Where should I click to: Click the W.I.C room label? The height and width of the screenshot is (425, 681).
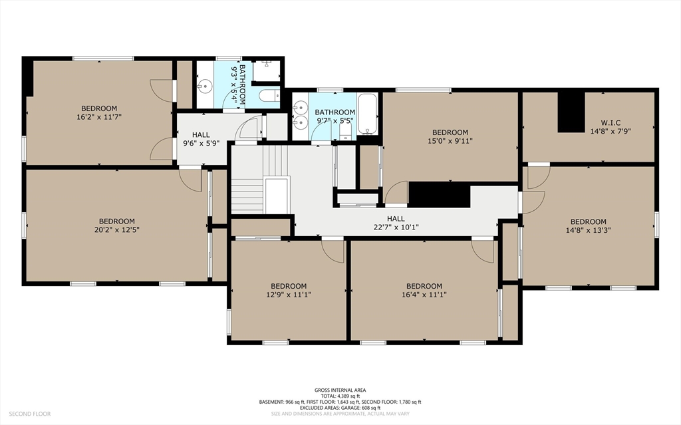click(x=611, y=122)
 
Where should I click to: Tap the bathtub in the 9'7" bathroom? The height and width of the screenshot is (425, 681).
click(x=367, y=114)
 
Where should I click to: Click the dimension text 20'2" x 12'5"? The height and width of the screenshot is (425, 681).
click(x=116, y=230)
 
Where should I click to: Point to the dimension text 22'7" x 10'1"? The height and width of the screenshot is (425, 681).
click(x=396, y=227)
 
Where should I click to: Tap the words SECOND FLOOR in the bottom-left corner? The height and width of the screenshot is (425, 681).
click(x=29, y=414)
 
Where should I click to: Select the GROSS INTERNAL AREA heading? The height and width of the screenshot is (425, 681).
click(x=340, y=390)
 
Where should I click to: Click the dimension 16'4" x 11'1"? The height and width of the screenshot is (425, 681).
click(x=424, y=295)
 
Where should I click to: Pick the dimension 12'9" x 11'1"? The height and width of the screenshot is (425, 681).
click(x=289, y=295)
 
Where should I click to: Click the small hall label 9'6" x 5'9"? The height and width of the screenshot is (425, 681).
click(x=201, y=143)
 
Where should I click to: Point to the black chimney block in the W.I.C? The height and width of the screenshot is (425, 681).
click(x=571, y=112)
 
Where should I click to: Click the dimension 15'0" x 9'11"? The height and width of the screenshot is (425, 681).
click(x=450, y=141)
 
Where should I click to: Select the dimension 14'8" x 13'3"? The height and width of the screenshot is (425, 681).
click(x=588, y=230)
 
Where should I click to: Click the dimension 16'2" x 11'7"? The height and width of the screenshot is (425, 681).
click(x=99, y=117)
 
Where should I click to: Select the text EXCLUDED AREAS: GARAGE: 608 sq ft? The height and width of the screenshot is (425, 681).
click(x=340, y=408)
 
